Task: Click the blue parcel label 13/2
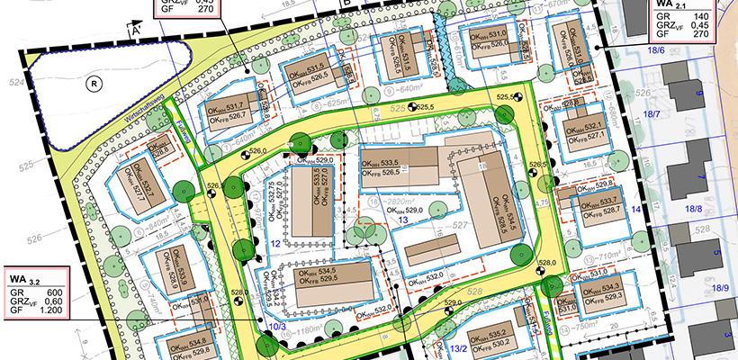pyautogui.click(x=460, y=348)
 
